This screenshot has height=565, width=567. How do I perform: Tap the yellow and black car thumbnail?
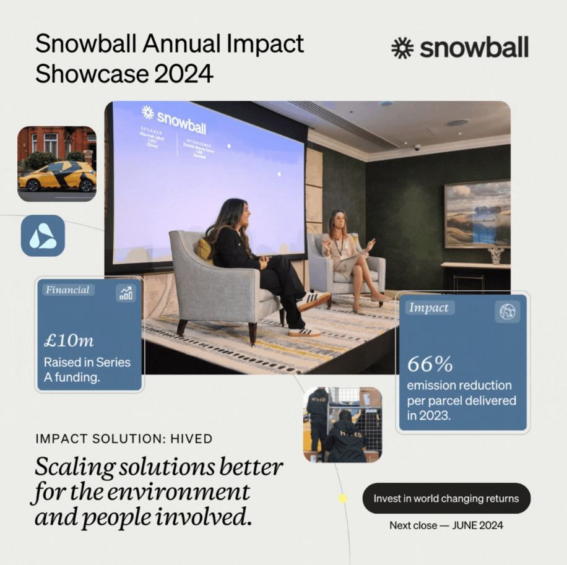pos(57,163)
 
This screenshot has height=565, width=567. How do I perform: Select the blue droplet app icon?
pos(43,236)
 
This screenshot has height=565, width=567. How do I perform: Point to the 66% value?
pos(430,363)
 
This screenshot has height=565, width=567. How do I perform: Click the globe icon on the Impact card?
pos(508,312)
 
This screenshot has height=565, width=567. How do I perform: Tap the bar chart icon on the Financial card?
pos(126,293)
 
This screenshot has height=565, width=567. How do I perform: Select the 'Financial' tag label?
pos(67,290)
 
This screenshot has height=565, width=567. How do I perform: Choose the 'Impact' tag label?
pos(429,308)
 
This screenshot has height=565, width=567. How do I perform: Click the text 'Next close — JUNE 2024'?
pos(446,525)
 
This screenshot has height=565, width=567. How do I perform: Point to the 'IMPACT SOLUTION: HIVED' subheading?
pos(124,439)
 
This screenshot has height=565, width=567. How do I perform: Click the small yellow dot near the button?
pos(342,498)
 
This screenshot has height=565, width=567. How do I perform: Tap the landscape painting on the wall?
pos(477,214)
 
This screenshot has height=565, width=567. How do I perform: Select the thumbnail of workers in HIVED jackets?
pos(342,425)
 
